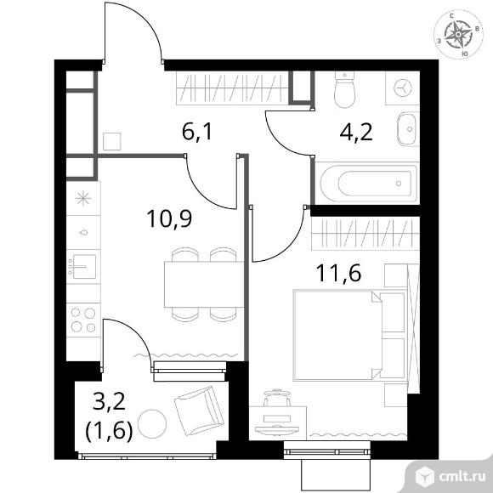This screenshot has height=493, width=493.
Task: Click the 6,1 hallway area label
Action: click(197, 132)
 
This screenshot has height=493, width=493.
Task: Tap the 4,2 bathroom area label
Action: click(356, 133)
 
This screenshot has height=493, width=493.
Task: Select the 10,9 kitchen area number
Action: click(169, 218)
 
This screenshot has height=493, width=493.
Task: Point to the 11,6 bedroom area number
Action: click(339, 273)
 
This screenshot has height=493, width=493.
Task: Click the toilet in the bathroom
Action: click(345, 89)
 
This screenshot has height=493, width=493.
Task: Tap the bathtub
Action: click(370, 183)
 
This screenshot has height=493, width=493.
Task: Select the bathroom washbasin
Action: click(408, 128)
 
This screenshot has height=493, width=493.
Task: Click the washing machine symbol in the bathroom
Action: click(402, 88)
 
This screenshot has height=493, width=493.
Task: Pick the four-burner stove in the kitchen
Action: click(83, 320)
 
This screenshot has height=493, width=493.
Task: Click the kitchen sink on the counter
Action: click(83, 267)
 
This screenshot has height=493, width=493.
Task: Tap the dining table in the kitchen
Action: click(204, 284)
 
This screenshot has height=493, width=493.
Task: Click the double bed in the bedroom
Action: click(349, 336)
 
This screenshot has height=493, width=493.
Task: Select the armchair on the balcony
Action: click(199, 411)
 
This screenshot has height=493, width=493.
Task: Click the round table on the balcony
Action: click(152, 423)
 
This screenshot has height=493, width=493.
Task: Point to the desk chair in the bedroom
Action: click(276, 397)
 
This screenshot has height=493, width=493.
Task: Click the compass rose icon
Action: click(458, 34)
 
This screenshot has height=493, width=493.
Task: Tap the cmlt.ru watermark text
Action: click(462, 478)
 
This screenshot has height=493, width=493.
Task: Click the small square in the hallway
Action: click(112, 141)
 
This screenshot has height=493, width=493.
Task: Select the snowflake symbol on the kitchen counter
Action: click(83, 199)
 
